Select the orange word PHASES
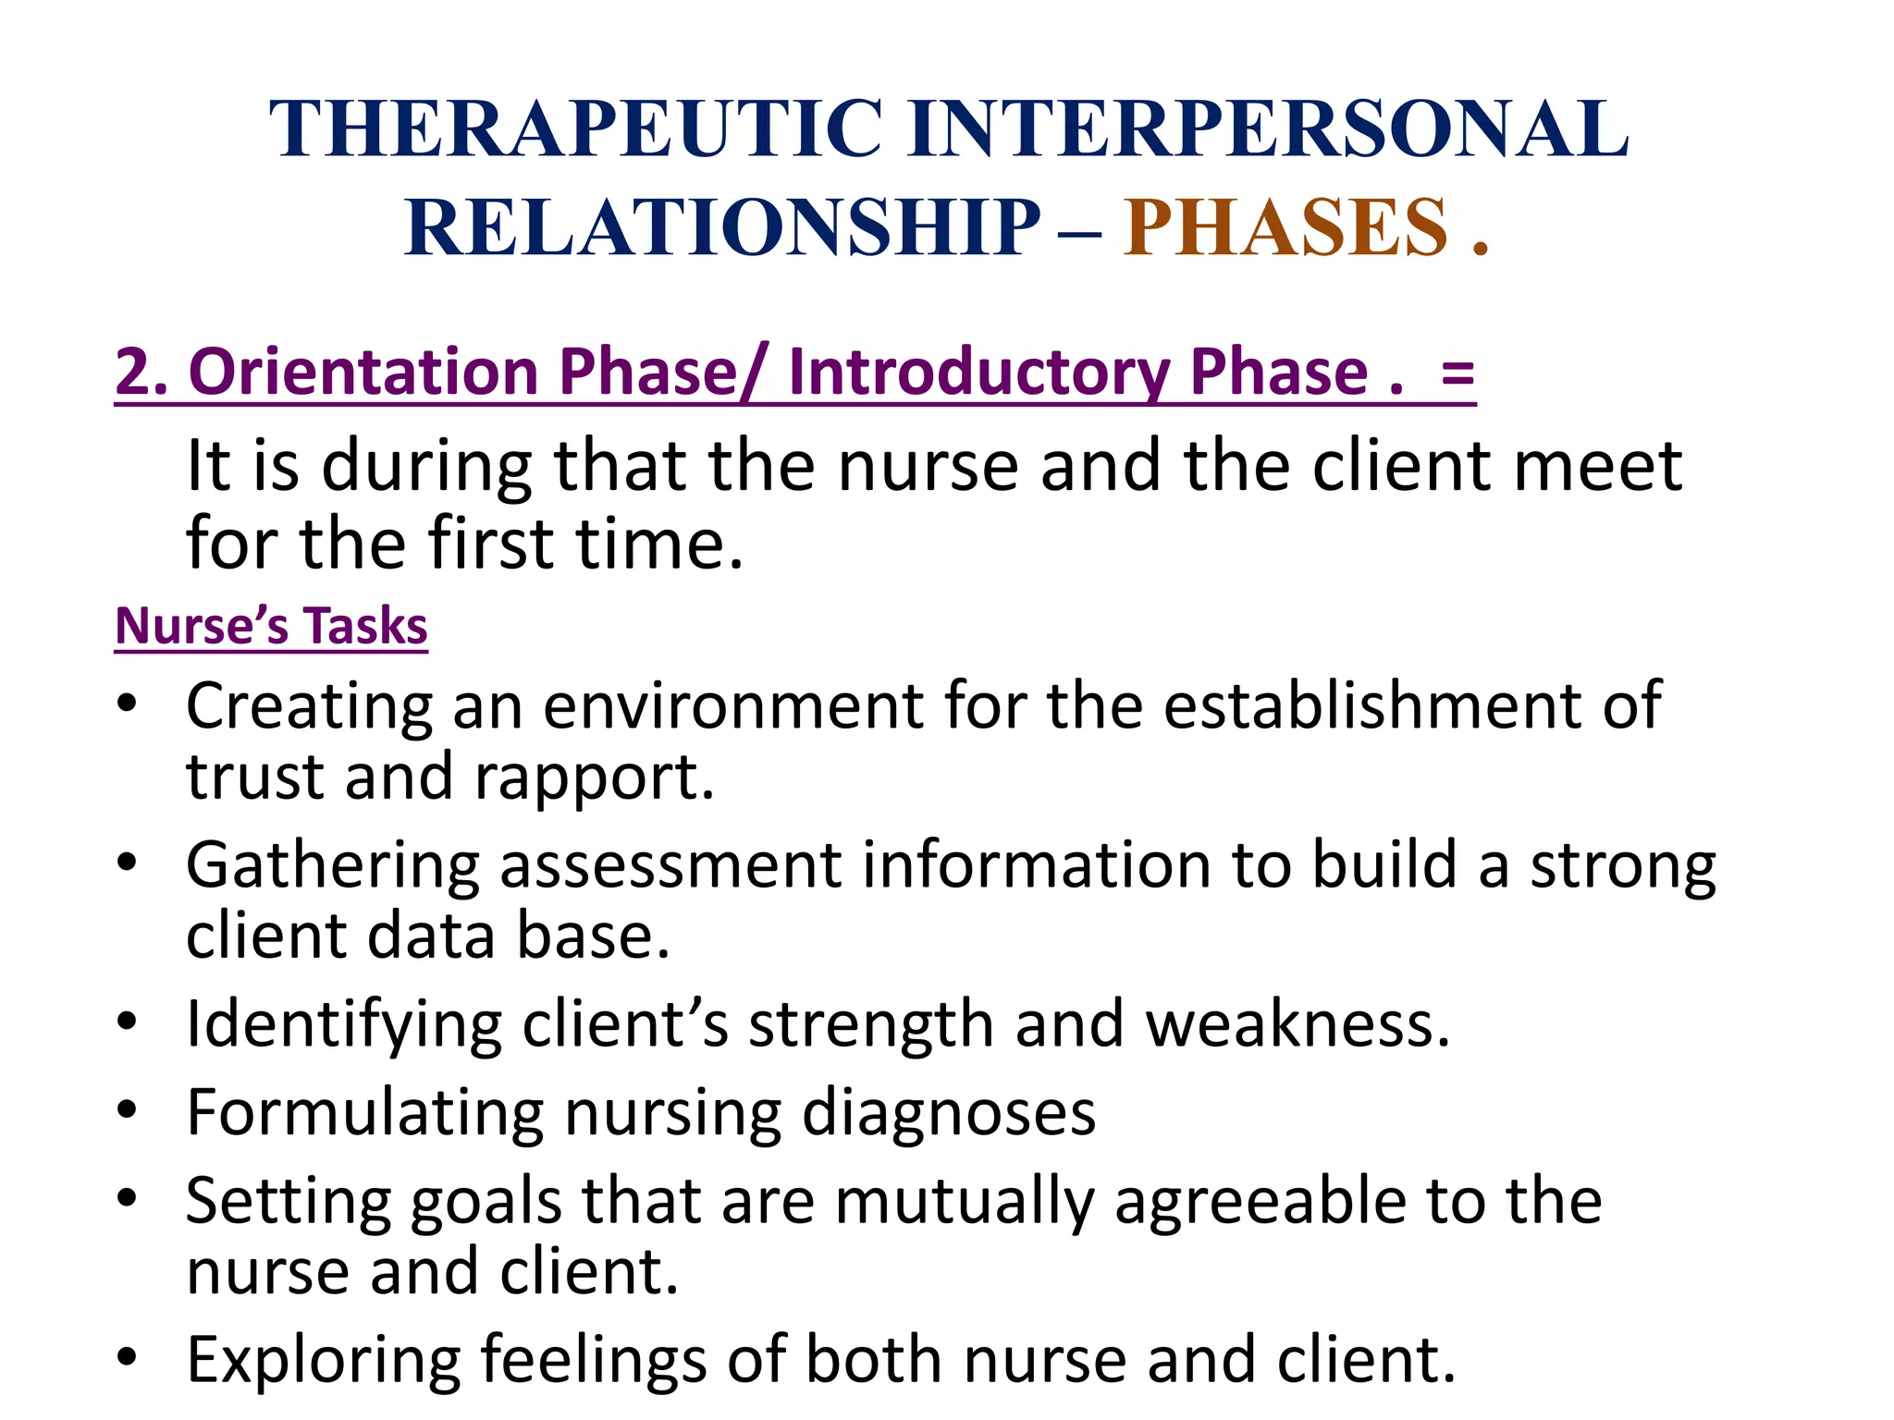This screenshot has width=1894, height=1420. tap(1285, 227)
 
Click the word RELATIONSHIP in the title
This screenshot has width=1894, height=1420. tap(722, 227)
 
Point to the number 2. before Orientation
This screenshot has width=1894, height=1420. tap(141, 372)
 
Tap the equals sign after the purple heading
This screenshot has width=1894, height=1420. tap(1457, 373)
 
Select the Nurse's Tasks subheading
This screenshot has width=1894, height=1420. tap(271, 626)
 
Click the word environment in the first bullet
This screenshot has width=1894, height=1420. tap(733, 706)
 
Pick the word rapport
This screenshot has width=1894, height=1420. tap(594, 777)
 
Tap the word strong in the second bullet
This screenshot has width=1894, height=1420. tap(1623, 866)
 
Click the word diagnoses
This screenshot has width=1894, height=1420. tap(948, 1112)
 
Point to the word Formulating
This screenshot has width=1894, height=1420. tap(364, 1112)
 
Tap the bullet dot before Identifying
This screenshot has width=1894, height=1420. tap(128, 1021)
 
